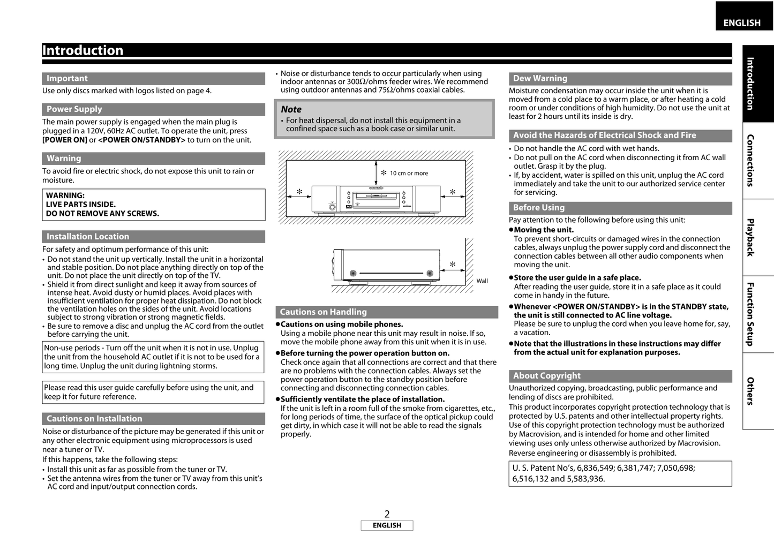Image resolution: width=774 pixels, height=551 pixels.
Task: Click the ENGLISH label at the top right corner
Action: (x=741, y=22)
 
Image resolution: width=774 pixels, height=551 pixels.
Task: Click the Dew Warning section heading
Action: (x=540, y=78)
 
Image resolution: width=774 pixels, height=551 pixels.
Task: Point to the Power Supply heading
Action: (x=74, y=109)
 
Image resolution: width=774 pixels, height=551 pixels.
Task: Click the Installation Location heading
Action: (x=88, y=237)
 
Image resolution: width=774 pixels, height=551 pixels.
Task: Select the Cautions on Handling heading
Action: (x=323, y=312)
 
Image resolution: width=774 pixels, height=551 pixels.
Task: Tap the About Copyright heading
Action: (x=546, y=376)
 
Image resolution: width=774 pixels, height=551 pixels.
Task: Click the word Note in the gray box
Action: (x=291, y=109)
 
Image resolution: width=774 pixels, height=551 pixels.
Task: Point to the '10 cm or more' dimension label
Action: (x=409, y=173)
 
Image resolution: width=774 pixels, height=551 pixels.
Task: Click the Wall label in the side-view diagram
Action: (x=482, y=281)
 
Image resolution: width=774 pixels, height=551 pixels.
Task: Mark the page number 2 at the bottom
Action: (x=387, y=515)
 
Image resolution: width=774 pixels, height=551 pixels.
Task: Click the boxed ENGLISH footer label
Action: (x=387, y=526)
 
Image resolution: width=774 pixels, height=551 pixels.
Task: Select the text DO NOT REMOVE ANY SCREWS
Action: (x=102, y=214)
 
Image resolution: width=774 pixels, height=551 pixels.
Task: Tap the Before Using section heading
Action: (x=538, y=208)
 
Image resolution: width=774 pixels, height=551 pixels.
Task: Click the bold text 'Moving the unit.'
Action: (x=543, y=230)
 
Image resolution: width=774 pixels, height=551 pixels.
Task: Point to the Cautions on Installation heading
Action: (x=94, y=419)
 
